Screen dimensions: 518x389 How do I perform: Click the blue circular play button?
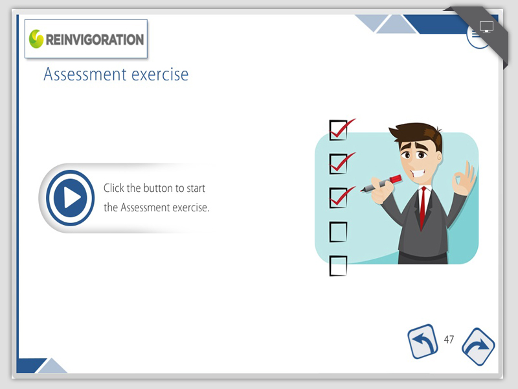(70, 198)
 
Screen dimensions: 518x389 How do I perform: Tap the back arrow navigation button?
(423, 342)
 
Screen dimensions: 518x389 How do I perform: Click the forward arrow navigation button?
(478, 347)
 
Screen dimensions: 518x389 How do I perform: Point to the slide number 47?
(449, 339)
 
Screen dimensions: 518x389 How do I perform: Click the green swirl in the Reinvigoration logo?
(36, 39)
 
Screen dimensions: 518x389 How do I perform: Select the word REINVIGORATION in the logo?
(95, 40)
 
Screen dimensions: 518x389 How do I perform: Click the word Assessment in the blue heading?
(85, 74)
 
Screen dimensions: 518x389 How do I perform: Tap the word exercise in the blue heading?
(160, 75)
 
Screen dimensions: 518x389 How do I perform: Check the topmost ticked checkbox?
(338, 130)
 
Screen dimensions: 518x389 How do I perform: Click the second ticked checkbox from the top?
(338, 164)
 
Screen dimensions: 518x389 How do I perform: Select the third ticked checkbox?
(338, 198)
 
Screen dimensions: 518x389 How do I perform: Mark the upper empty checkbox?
(338, 231)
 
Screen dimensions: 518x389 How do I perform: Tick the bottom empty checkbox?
(338, 266)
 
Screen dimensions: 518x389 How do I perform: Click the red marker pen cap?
(396, 179)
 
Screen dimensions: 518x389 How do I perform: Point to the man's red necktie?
(423, 206)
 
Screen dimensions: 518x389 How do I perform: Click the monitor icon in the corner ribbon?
(486, 27)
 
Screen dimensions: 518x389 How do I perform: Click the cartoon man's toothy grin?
(418, 173)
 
